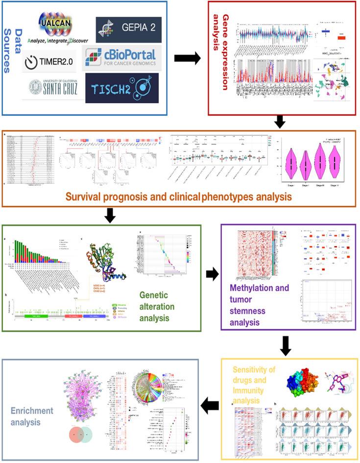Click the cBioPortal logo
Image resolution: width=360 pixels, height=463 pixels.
tap(120, 59)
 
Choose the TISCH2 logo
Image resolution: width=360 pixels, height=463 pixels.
tap(121, 88)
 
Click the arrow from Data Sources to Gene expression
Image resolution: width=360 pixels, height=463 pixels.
tap(187, 58)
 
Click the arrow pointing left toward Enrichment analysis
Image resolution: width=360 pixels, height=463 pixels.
tap(210, 405)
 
